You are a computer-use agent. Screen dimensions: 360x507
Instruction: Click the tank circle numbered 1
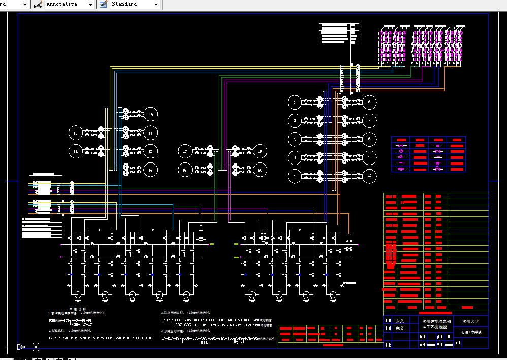pyautogui.click(x=295, y=102)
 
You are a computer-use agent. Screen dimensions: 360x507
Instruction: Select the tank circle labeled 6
pyautogui.click(x=369, y=102)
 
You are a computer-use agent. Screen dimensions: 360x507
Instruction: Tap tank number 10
pyautogui.click(x=369, y=176)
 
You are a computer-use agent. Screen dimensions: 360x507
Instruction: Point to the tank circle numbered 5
pyautogui.click(x=295, y=176)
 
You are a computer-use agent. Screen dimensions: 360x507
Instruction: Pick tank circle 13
pyautogui.click(x=150, y=115)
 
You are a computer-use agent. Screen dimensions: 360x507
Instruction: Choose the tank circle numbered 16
pyautogui.click(x=150, y=170)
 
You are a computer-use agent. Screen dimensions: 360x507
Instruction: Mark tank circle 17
pyautogui.click(x=185, y=151)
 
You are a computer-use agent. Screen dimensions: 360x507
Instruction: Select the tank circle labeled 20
pyautogui.click(x=260, y=170)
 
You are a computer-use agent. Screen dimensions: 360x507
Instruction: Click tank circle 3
pyautogui.click(x=295, y=139)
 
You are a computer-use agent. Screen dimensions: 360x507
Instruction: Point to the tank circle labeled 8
pyautogui.click(x=369, y=139)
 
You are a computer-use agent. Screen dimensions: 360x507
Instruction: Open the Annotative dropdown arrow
pyautogui.click(x=90, y=4)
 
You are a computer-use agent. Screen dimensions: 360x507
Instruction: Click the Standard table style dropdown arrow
pyautogui.click(x=156, y=4)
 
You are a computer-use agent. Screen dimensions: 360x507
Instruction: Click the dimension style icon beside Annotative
pyautogui.click(x=38, y=4)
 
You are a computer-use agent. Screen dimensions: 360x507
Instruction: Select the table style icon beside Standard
pyautogui.click(x=103, y=4)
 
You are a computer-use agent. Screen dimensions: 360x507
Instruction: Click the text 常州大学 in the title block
pyautogui.click(x=470, y=321)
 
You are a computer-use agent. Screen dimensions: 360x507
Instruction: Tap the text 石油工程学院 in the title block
pyautogui.click(x=470, y=332)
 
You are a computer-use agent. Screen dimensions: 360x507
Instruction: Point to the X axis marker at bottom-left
pyautogui.click(x=36, y=347)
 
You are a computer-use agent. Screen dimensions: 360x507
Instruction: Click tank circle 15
pyautogui.click(x=150, y=151)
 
